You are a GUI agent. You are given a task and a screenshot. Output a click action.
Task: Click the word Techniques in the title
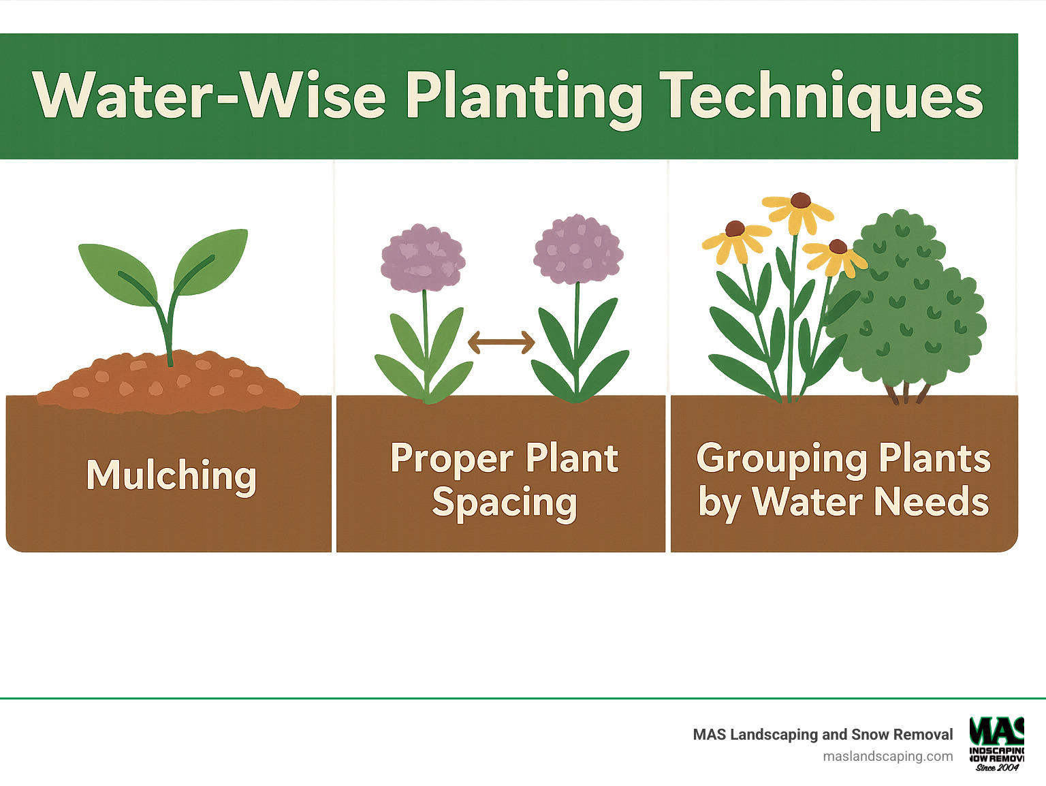821,97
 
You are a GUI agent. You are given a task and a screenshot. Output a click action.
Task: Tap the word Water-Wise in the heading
210,96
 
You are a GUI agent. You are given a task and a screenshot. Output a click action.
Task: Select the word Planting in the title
524,97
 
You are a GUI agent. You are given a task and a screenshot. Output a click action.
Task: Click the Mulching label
171,475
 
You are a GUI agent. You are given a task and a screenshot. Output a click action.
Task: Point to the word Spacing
504,503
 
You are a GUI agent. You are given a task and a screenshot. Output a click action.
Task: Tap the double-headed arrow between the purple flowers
501,342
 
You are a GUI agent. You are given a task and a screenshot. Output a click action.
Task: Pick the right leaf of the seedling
210,262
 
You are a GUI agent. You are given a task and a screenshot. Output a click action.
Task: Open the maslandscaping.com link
887,756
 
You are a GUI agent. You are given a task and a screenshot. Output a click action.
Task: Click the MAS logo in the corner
997,743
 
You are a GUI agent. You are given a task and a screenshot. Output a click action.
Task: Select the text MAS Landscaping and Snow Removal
823,734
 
